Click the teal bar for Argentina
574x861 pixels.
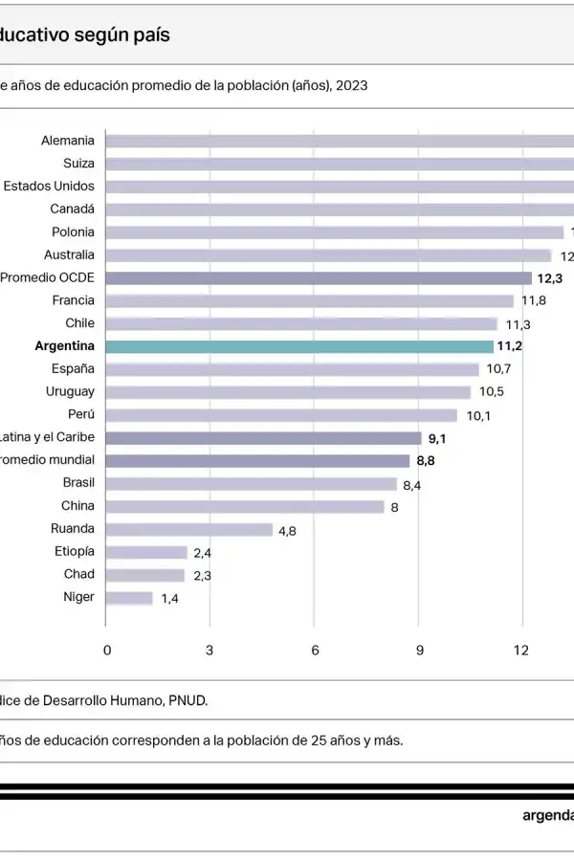pyautogui.click(x=298, y=346)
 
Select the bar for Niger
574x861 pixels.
pyautogui.click(x=128, y=598)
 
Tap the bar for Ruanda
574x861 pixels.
pyautogui.click(x=188, y=529)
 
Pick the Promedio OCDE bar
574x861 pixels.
pyautogui.click(x=318, y=277)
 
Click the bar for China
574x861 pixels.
pyautogui.click(x=244, y=506)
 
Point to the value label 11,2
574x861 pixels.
pyautogui.click(x=509, y=346)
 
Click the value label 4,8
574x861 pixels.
pyautogui.click(x=287, y=530)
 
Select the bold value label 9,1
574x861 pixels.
pyautogui.click(x=438, y=438)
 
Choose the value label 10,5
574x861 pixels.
pyautogui.click(x=492, y=392)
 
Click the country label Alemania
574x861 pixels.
pyautogui.click(x=67, y=141)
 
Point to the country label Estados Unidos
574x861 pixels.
pyautogui.click(x=49, y=186)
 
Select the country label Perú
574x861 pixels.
pyautogui.click(x=80, y=414)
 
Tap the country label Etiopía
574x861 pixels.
pyautogui.click(x=75, y=551)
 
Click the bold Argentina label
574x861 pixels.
pyautogui.click(x=64, y=346)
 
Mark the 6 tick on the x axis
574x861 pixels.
pyautogui.click(x=315, y=651)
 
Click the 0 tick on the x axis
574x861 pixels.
pyautogui.click(x=107, y=651)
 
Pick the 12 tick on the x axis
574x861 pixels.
pyautogui.click(x=521, y=651)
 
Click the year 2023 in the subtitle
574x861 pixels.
pyautogui.click(x=351, y=84)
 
